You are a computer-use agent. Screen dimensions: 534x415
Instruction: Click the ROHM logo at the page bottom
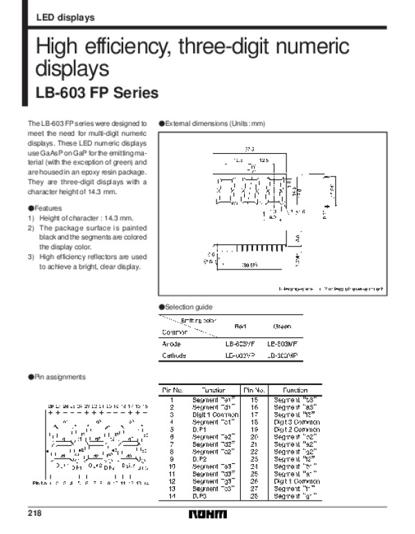(207, 515)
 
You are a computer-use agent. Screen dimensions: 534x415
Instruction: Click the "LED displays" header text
(65, 17)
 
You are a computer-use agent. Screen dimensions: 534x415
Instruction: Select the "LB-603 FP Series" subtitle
(97, 93)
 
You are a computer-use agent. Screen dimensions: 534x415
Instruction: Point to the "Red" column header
(241, 326)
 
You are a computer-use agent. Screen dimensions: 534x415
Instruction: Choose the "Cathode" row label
(174, 356)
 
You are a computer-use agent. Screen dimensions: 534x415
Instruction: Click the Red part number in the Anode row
(240, 344)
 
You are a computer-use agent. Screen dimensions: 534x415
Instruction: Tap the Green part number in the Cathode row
(283, 356)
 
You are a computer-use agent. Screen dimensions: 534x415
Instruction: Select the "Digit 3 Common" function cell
(295, 420)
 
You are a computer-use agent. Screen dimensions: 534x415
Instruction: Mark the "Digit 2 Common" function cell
(295, 428)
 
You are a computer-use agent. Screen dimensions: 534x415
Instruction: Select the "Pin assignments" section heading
(59, 377)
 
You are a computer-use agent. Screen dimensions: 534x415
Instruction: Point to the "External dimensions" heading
(215, 123)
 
